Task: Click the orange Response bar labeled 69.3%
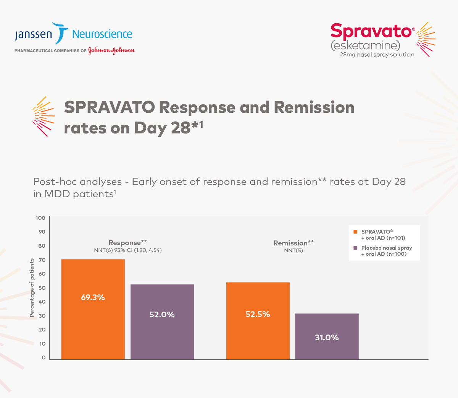93,309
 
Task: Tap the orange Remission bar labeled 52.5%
258,321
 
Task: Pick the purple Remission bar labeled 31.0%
327,336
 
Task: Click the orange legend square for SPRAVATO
355,232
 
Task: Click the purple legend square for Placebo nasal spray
355,248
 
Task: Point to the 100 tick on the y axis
40,218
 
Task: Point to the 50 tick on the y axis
42,288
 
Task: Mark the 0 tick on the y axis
44,357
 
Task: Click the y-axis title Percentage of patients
32,288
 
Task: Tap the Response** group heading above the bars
128,243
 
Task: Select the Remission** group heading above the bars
294,243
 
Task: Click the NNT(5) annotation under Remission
294,251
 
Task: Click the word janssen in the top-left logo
33,35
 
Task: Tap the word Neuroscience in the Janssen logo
102,34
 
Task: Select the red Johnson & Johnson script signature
111,50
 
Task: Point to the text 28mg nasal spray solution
377,55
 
